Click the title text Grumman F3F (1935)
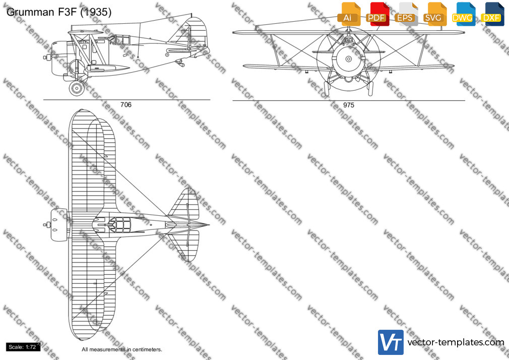tap(59, 12)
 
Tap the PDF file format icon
tap(377, 14)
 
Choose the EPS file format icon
tap(406, 14)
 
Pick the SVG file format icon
tap(434, 14)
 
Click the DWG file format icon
tap(463, 14)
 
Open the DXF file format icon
tap(492, 14)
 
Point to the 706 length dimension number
tap(126, 104)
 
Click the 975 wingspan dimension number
tap(349, 105)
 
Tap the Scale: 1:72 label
tap(23, 347)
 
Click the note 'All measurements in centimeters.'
tap(122, 349)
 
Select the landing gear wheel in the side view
tap(77, 88)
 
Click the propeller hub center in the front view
tap(349, 59)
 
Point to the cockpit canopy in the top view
tap(119, 225)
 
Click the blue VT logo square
tap(391, 342)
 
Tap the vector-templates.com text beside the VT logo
tap(456, 342)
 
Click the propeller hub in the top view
tap(47, 224)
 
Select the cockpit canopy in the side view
tap(119, 40)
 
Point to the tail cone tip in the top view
tap(209, 224)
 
